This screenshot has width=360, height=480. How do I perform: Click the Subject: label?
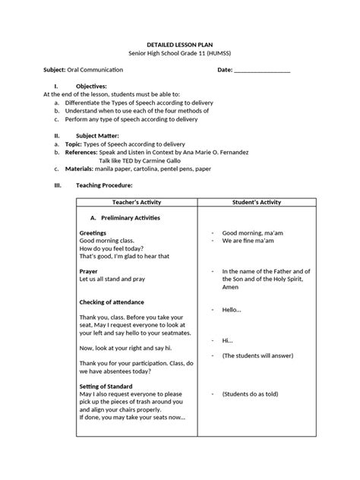55,70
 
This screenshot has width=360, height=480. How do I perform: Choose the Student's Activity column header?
256,202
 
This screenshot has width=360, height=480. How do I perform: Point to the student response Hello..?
232,310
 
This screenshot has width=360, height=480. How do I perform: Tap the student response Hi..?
227,340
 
